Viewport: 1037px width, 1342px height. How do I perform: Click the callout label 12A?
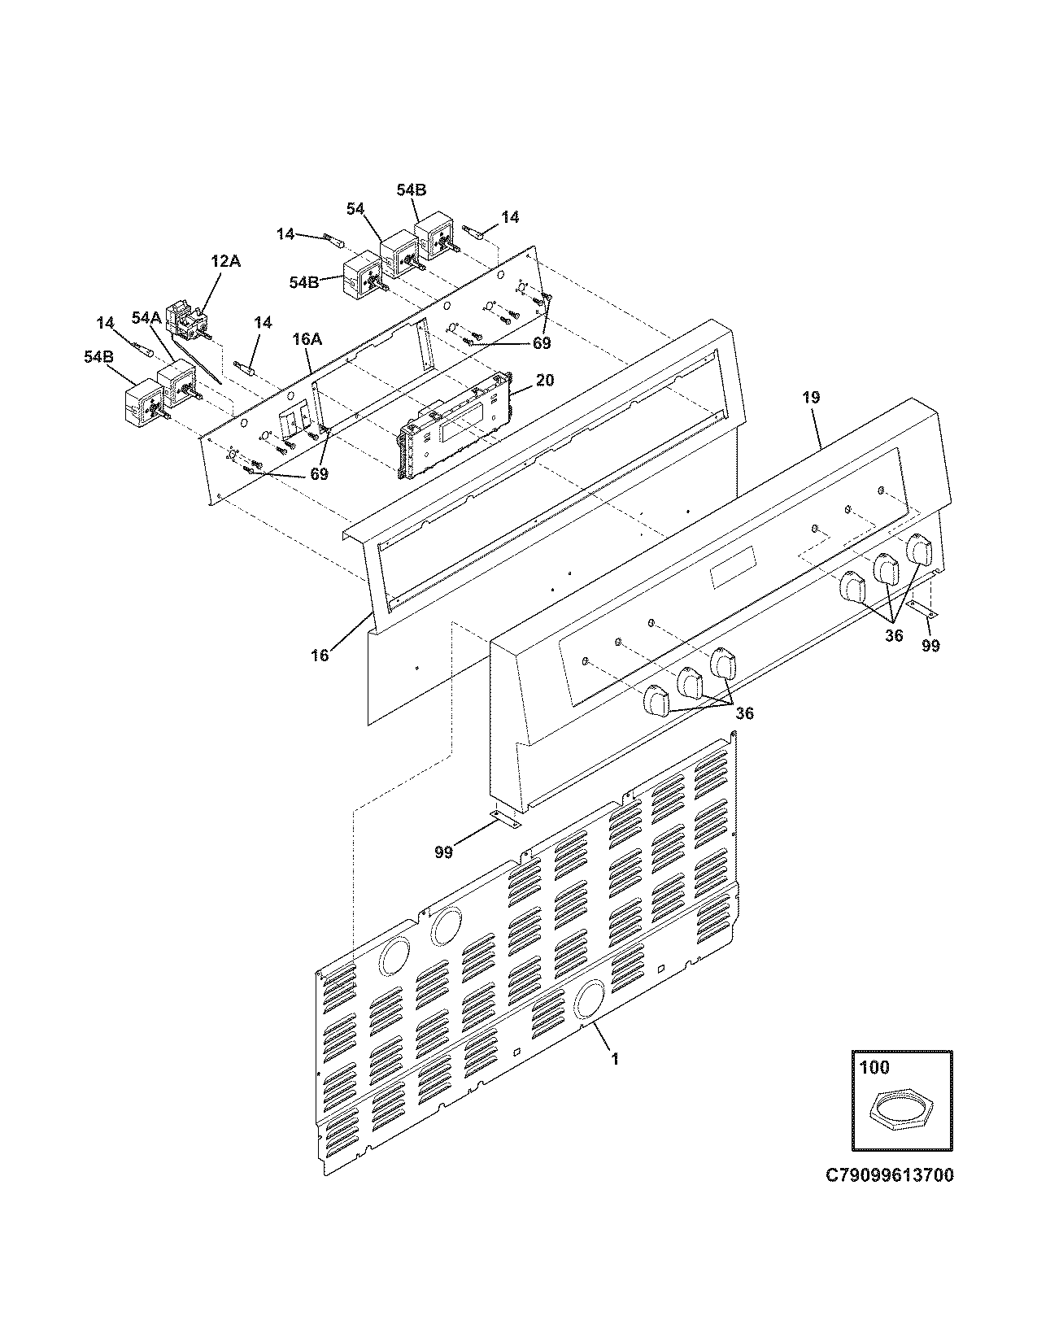226,261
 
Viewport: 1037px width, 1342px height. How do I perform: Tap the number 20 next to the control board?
546,381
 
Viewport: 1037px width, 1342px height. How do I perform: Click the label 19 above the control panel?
811,398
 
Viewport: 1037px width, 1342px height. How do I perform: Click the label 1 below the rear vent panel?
615,1059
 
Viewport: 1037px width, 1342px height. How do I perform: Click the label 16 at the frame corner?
320,655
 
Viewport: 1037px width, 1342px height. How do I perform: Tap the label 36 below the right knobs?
894,635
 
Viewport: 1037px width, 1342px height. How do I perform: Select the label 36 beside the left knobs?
744,713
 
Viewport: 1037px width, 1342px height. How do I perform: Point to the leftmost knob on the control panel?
656,701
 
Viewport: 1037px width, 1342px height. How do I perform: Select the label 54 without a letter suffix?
355,209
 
